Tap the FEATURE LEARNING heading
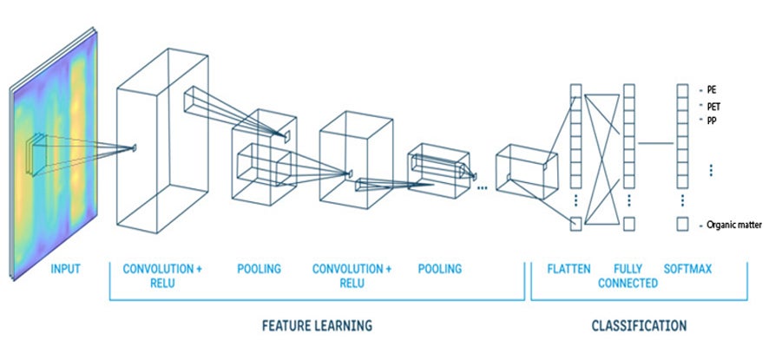point(317,326)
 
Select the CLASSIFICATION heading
point(639,326)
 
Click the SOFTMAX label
point(687,269)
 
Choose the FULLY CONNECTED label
point(628,276)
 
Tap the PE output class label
point(713,89)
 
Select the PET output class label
point(714,107)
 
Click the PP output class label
point(713,120)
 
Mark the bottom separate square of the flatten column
point(575,224)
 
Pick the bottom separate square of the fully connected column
point(629,224)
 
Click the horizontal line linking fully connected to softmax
point(656,141)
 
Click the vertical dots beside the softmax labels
point(711,170)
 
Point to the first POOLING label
point(259,269)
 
